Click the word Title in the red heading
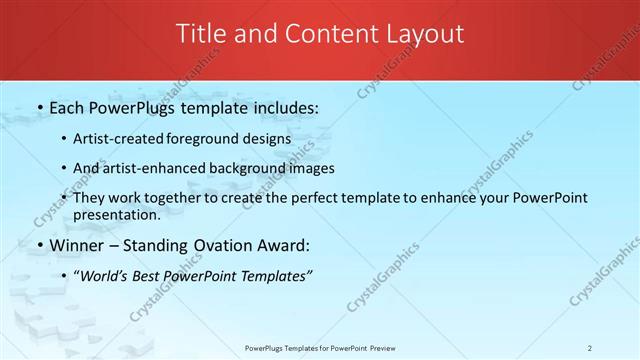pos(201,34)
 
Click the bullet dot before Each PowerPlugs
pos(39,106)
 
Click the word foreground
pos(213,139)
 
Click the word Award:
pos(285,246)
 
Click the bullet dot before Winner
pos(39,246)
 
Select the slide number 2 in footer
pos(590,348)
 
